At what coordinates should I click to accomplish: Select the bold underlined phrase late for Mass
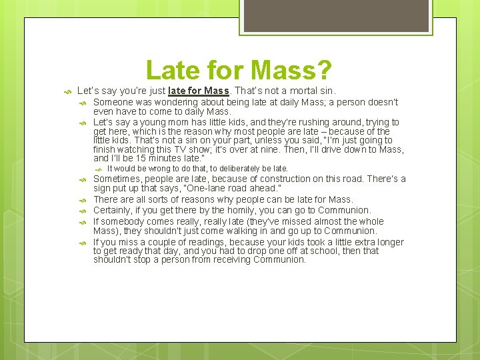[199, 90]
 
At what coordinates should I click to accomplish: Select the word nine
[258, 149]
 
